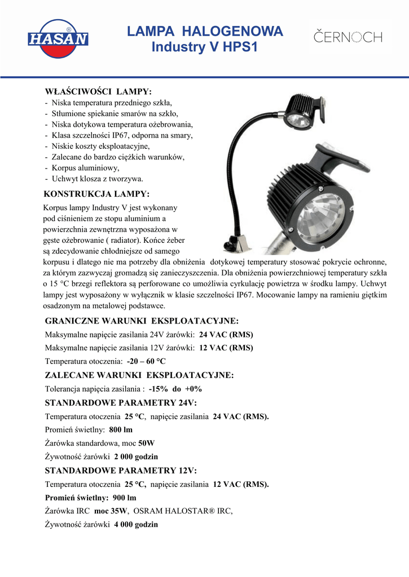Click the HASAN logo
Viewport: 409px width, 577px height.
point(58,38)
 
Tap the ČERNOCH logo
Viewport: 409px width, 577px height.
point(348,38)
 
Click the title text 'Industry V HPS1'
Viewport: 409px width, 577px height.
point(205,48)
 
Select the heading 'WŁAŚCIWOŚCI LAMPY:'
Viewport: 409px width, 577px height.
point(98,91)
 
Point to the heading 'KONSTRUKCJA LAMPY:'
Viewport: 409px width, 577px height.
point(96,194)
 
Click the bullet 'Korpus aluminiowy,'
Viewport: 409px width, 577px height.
point(86,168)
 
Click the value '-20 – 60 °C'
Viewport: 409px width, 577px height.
point(146,361)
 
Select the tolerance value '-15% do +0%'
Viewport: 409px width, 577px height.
point(175,389)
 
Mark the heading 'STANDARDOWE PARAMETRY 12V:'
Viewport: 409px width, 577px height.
point(121,471)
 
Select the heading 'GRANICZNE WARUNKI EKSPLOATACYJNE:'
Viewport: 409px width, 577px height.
point(142,321)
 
